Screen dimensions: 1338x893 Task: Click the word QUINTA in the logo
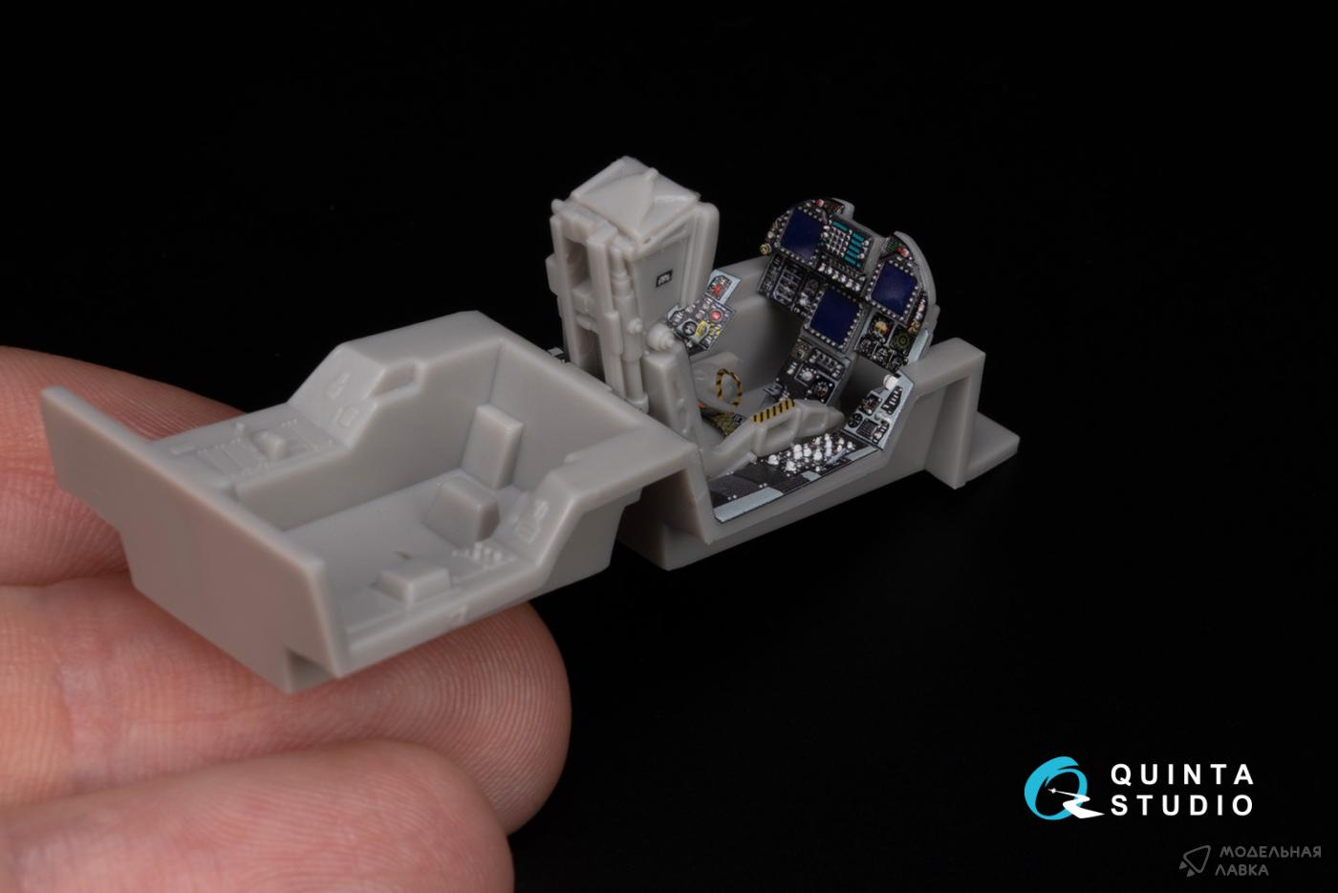1181,775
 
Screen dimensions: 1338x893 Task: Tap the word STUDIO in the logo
1181,806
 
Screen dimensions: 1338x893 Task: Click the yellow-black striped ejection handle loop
725,385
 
